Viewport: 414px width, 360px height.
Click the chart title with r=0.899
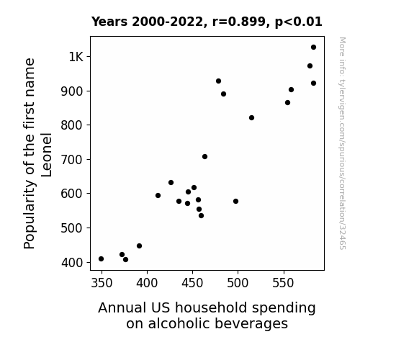(207, 22)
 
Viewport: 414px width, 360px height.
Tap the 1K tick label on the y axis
(76, 57)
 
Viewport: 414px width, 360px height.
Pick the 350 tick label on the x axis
(102, 283)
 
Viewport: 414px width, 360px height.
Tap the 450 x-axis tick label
(192, 283)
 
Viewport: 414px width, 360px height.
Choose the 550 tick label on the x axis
(283, 283)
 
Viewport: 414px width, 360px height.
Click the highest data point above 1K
(313, 48)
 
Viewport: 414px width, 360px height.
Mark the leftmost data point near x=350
(101, 259)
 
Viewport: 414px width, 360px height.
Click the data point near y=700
(204, 157)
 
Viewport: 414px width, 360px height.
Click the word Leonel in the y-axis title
(46, 155)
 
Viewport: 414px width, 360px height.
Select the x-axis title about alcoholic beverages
(207, 315)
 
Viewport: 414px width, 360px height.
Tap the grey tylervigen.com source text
(343, 143)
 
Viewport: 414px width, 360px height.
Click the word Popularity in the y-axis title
(29, 215)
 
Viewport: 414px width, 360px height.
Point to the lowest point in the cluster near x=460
(201, 215)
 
